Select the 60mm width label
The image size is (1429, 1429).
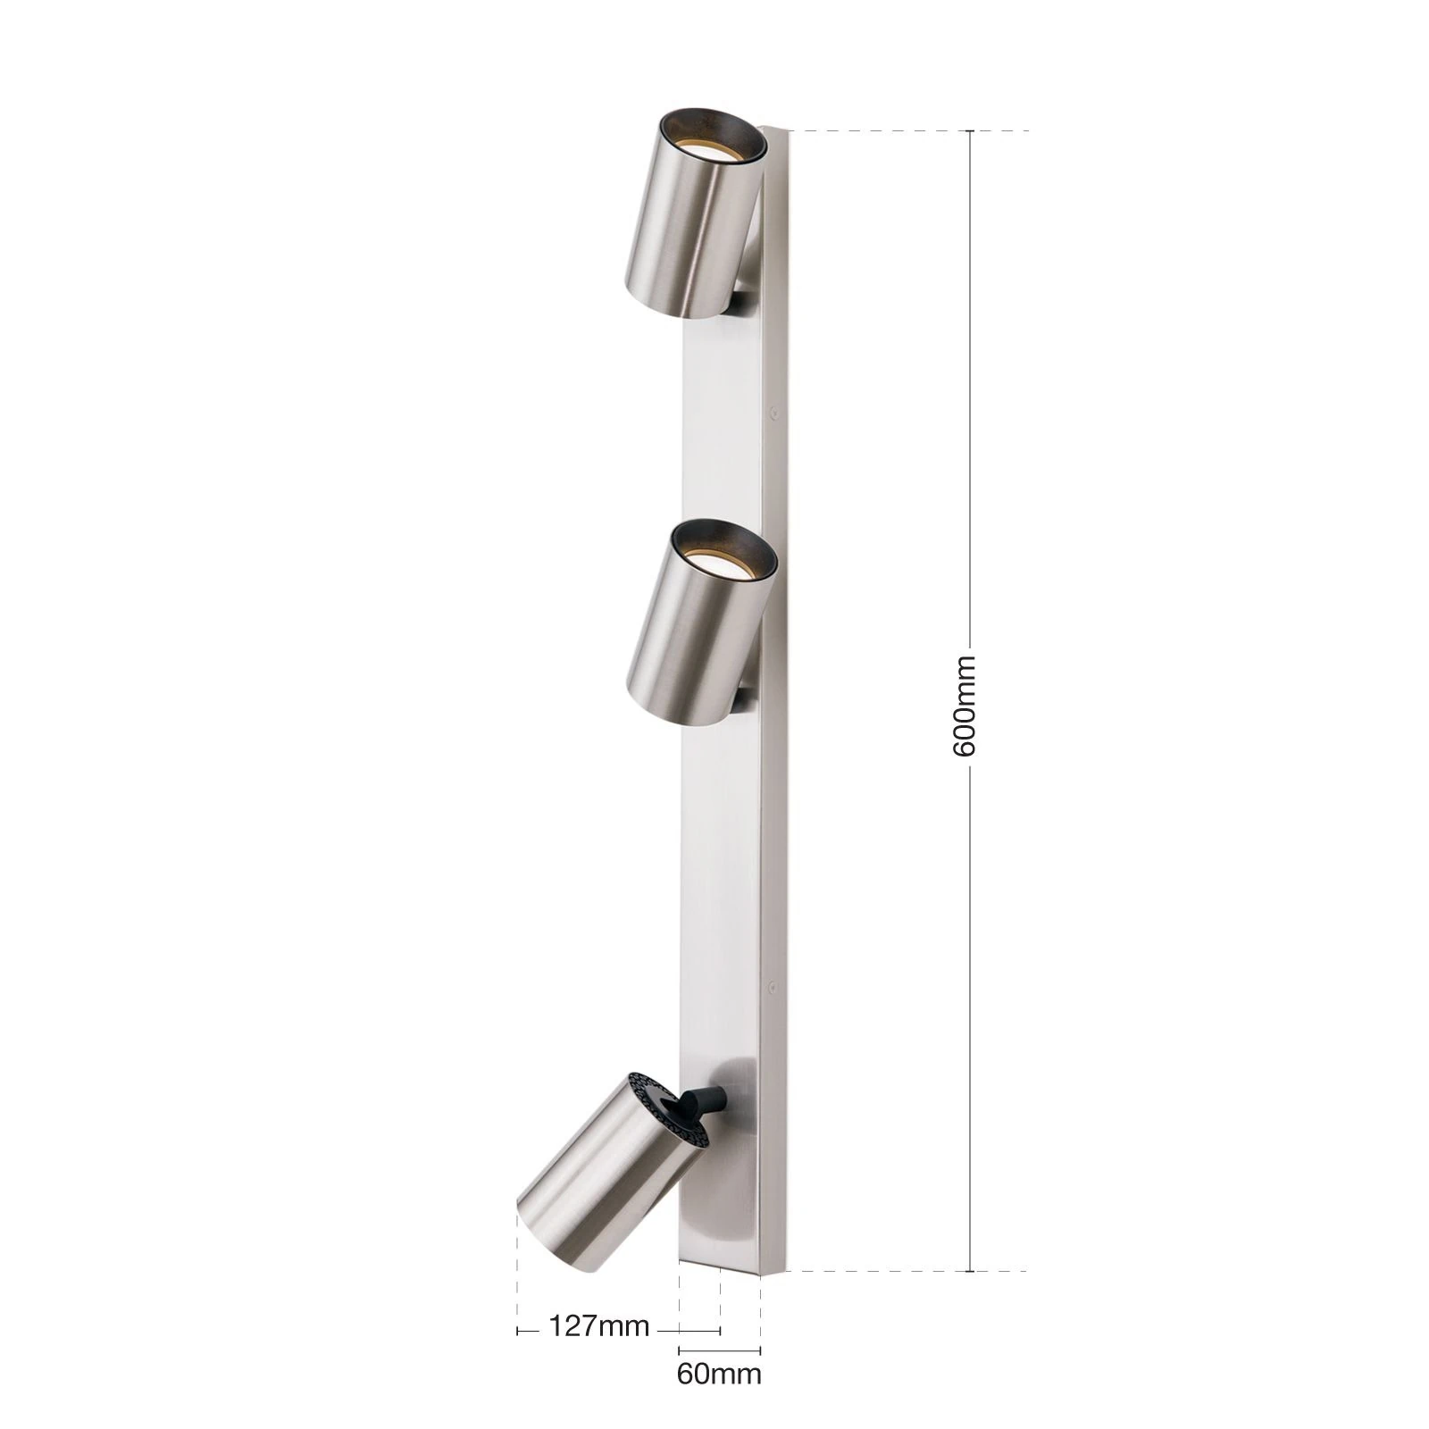pos(719,1373)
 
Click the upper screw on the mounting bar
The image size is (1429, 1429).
pos(773,414)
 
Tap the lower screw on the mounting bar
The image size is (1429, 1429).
pos(771,988)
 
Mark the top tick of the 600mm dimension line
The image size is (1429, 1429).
pos(971,131)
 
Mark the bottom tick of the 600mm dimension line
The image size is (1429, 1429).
pos(971,1270)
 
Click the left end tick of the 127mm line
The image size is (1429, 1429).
pos(518,1331)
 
